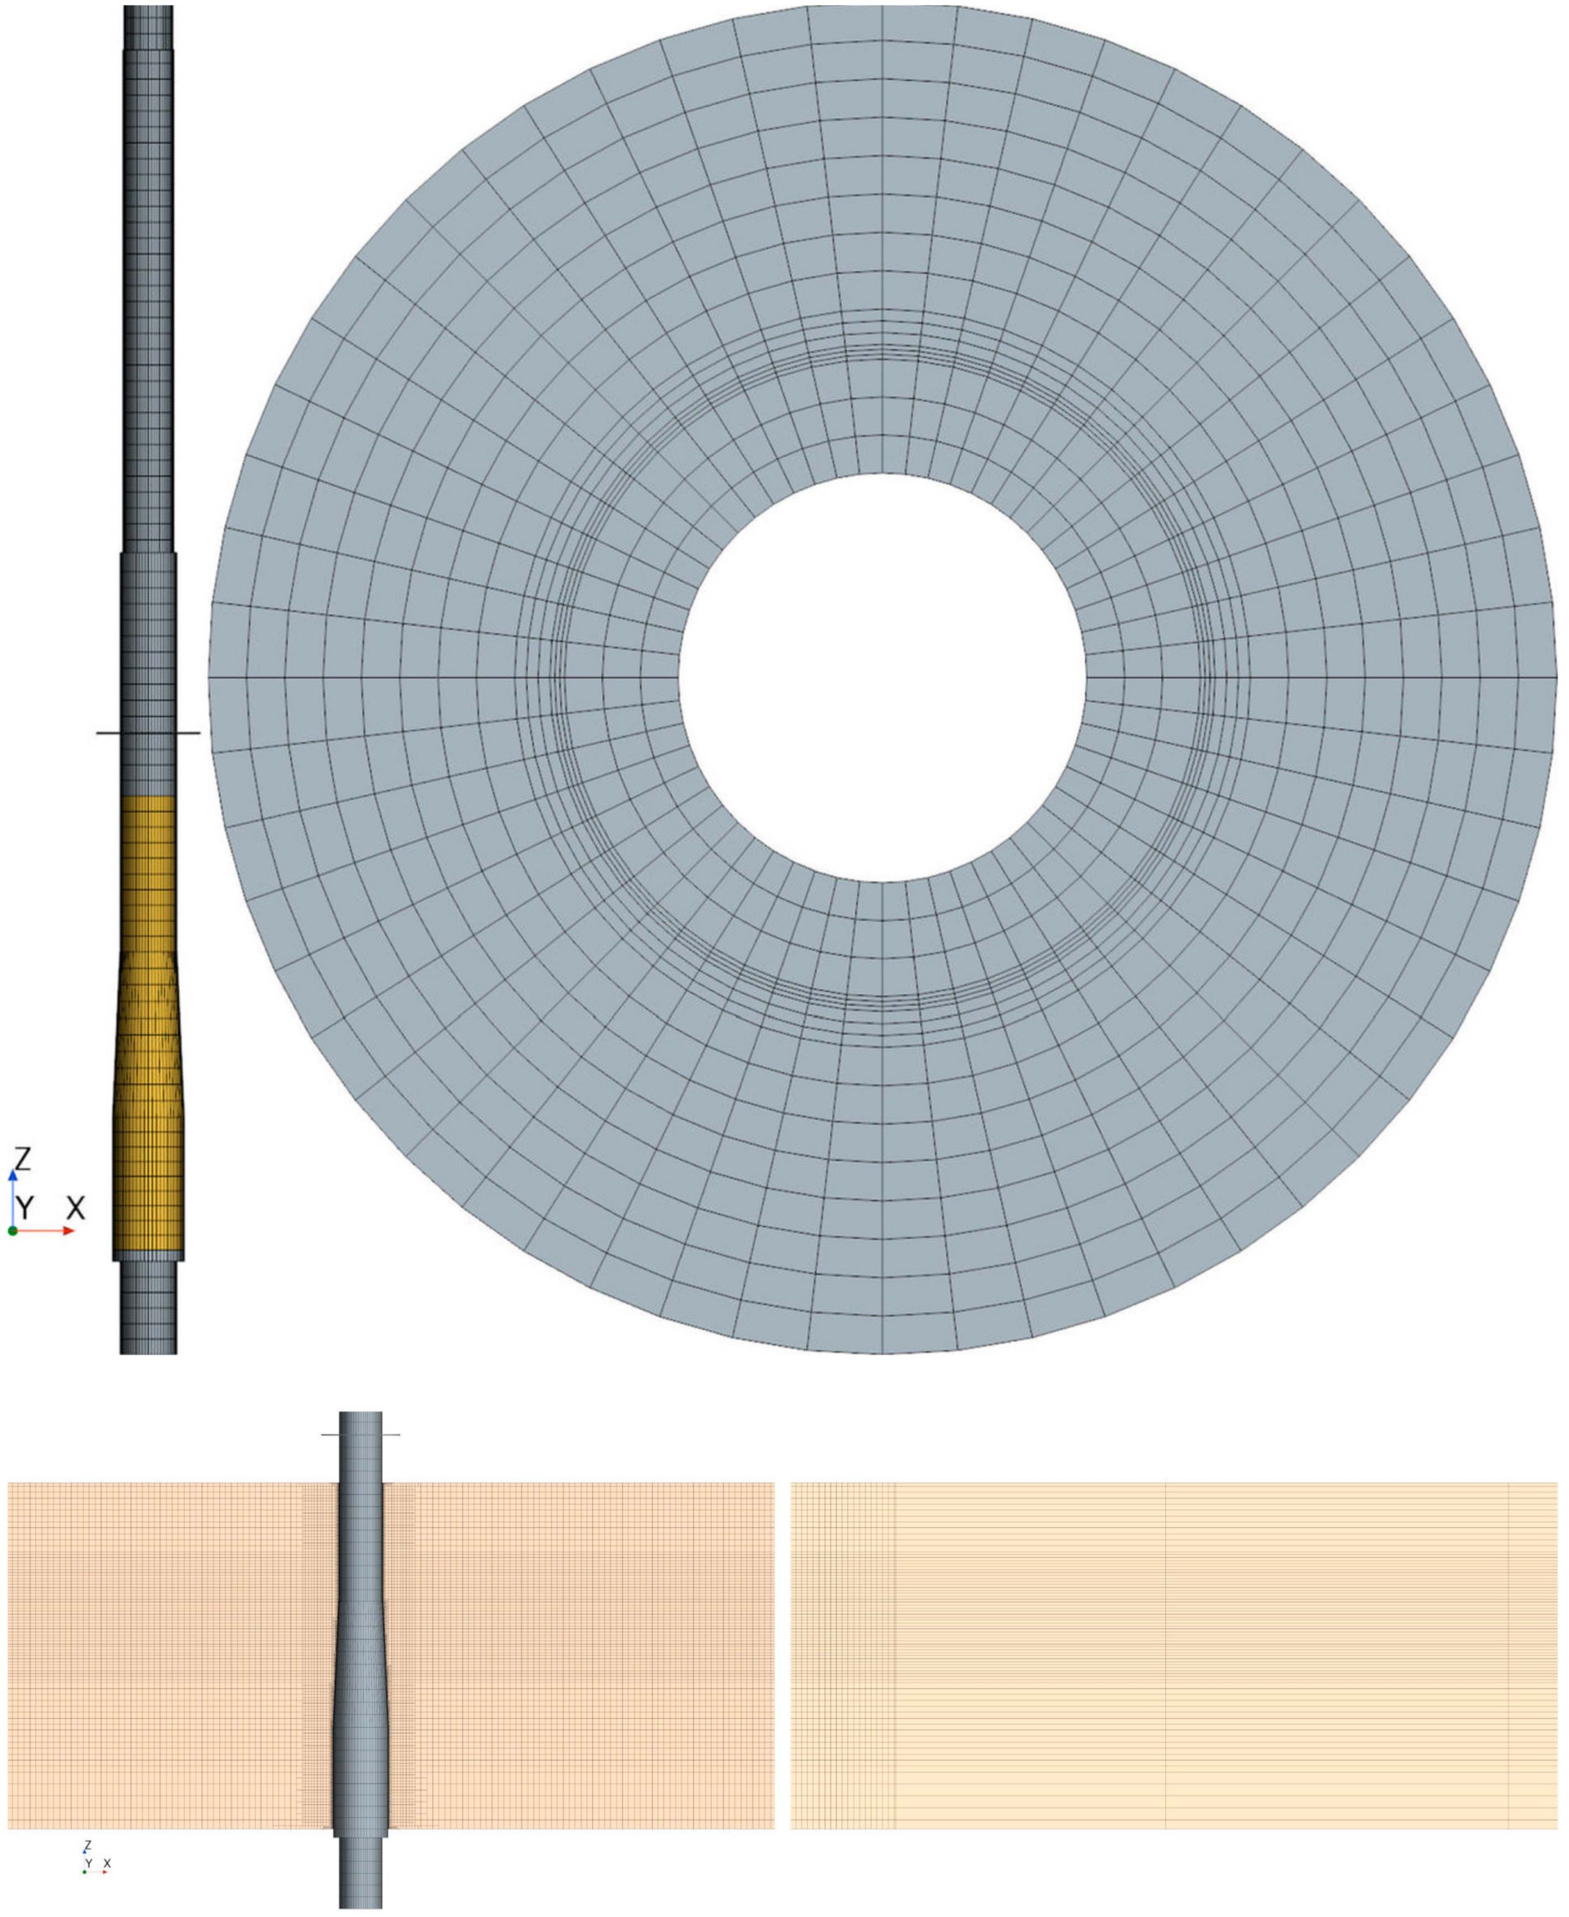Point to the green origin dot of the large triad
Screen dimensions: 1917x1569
click(x=13, y=1231)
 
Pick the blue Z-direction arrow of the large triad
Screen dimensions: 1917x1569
click(x=13, y=1193)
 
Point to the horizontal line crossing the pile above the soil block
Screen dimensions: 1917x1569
click(x=330, y=1435)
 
